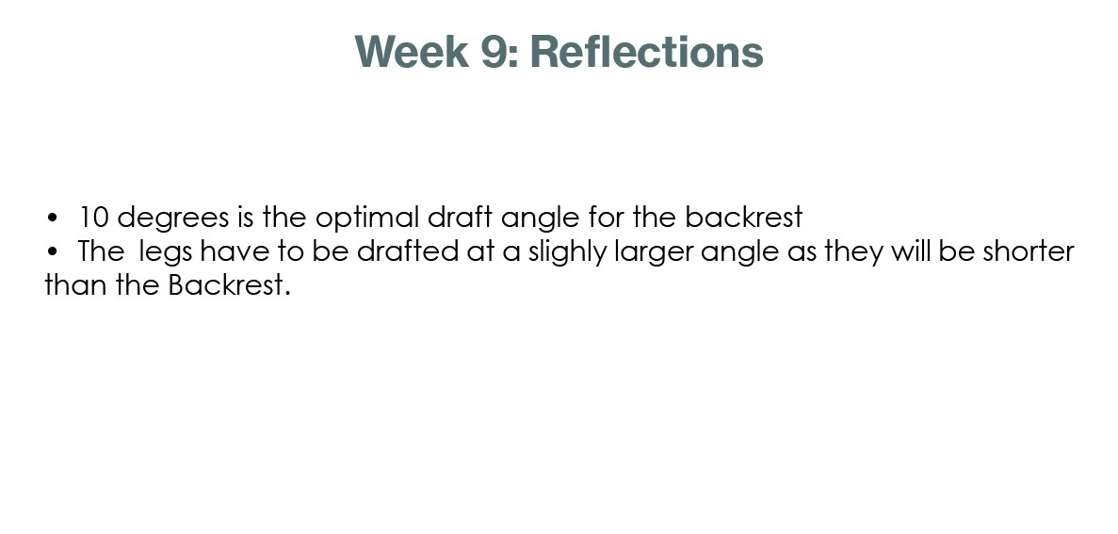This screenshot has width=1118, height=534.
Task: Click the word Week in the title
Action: [412, 52]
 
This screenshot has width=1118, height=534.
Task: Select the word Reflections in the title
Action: [647, 52]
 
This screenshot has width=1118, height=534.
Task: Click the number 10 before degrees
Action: [93, 218]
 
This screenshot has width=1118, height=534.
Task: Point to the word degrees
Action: [173, 218]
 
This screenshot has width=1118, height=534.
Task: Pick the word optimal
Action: [367, 218]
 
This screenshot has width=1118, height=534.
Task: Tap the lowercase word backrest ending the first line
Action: [744, 217]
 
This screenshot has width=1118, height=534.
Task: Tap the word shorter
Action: [1029, 251]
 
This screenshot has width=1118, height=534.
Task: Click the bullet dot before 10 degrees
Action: [52, 218]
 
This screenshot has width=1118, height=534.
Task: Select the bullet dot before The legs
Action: [52, 251]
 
